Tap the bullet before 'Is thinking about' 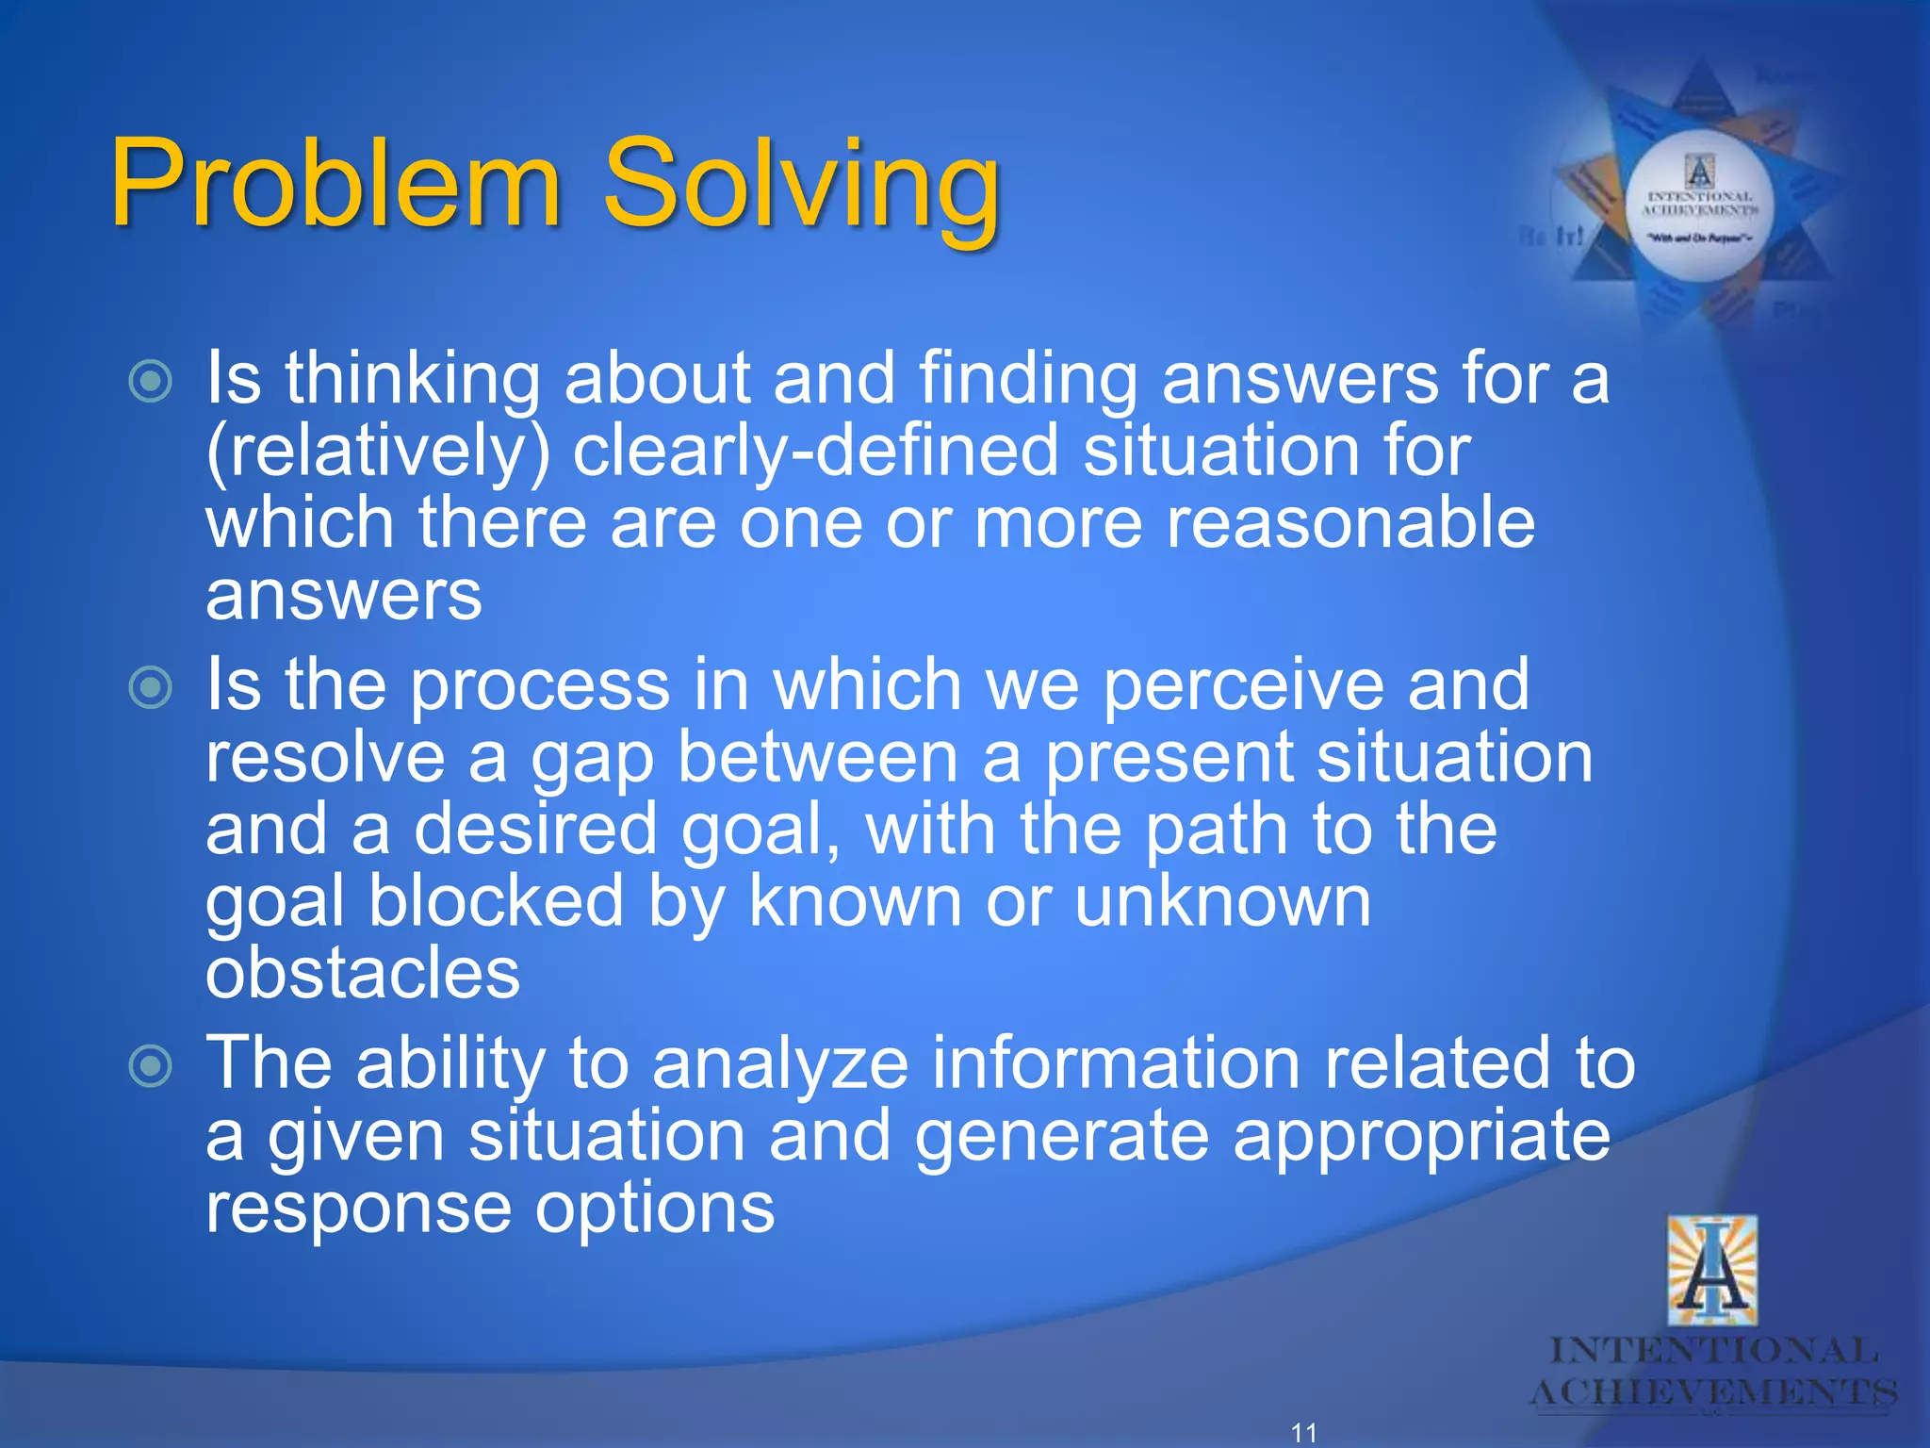point(151,382)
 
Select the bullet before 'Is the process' point(151,687)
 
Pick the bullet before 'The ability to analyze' point(151,1066)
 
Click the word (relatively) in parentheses point(377,452)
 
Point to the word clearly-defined point(815,452)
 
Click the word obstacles point(363,976)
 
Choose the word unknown point(1222,903)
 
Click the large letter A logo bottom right point(1711,1271)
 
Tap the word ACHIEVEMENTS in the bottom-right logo point(1713,1392)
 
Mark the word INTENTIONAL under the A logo point(1713,1351)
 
